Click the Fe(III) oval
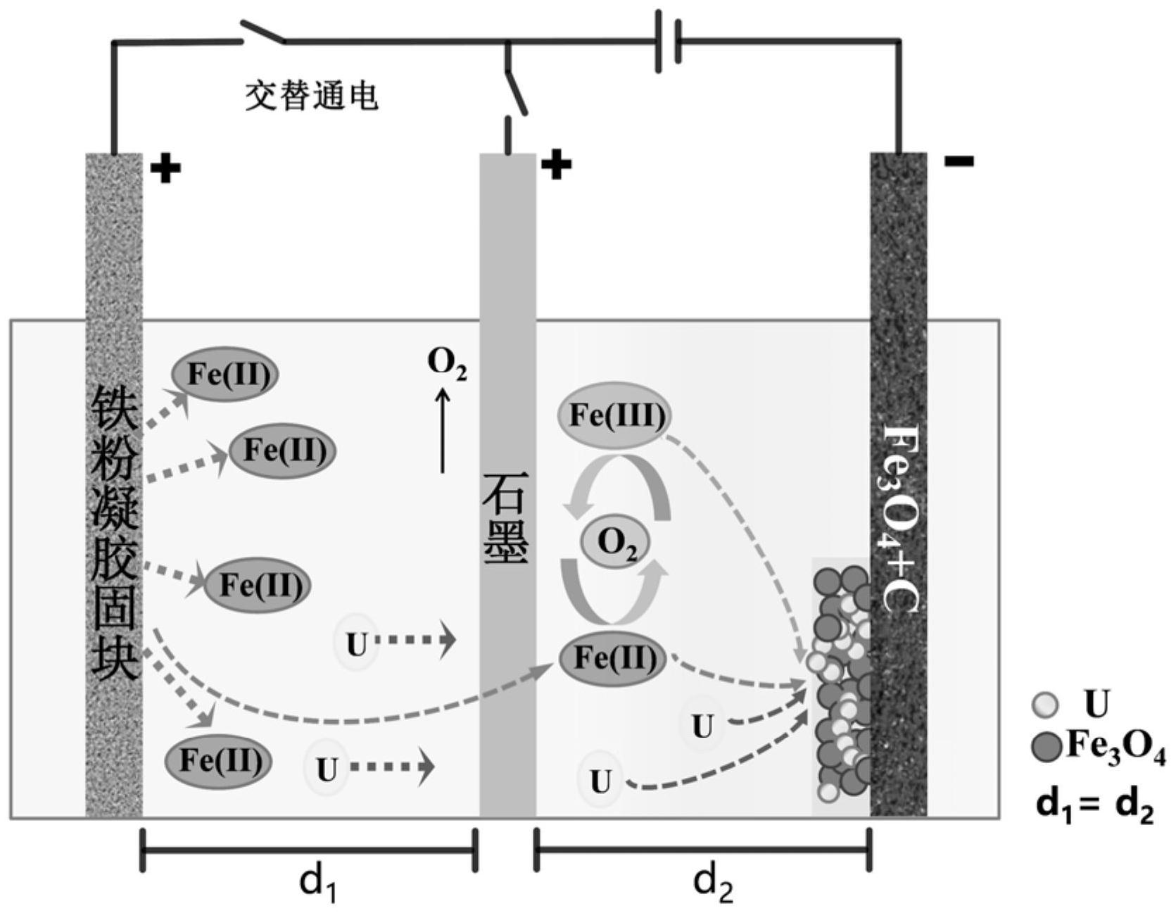[614, 415]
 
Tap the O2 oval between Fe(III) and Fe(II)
[615, 542]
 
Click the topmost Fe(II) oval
[225, 374]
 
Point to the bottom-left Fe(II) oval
[218, 761]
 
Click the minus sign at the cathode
[959, 162]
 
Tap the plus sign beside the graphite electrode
[556, 165]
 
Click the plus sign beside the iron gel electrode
[165, 168]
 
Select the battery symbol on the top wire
[668, 41]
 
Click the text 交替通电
[312, 96]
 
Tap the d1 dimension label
[318, 882]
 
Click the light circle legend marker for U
[1044, 705]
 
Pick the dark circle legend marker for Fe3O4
[1046, 746]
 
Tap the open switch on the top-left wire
[263, 33]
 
